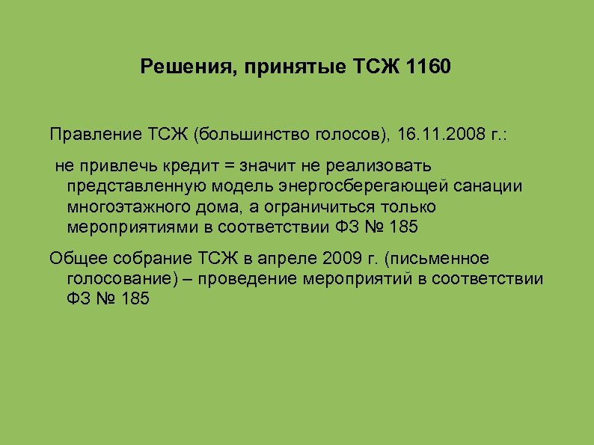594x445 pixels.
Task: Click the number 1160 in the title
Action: click(430, 69)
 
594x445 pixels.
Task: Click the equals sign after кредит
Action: click(220, 165)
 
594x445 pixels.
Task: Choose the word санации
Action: click(489, 185)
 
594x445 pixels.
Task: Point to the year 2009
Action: click(341, 259)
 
